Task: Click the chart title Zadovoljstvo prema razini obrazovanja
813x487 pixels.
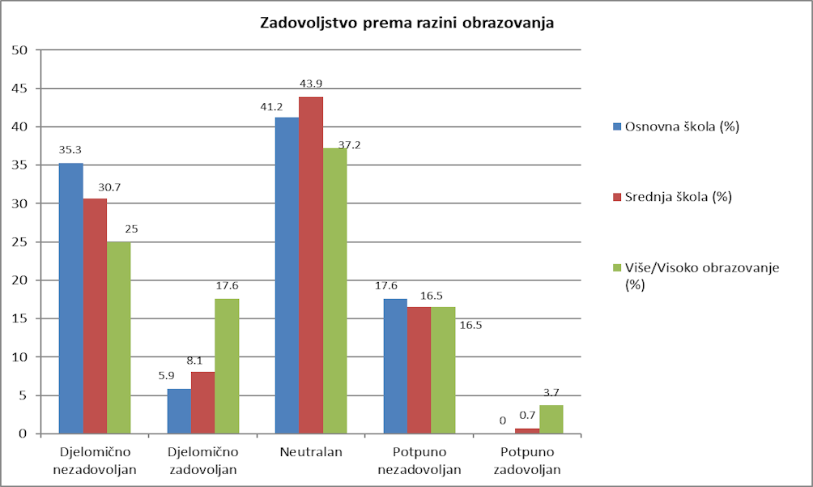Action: [406, 23]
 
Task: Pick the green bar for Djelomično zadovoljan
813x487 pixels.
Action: [227, 366]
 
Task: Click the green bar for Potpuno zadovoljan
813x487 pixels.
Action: [551, 419]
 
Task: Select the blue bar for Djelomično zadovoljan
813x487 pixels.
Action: [179, 411]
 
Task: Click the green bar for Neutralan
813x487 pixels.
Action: [334, 291]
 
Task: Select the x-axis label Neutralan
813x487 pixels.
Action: [311, 452]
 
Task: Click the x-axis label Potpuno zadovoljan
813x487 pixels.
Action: [527, 460]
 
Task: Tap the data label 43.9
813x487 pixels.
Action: [311, 83]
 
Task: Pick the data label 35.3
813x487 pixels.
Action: [70, 150]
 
